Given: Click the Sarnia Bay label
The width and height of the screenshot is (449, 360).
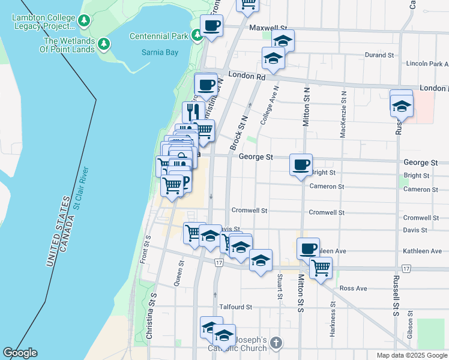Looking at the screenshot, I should pos(160,52).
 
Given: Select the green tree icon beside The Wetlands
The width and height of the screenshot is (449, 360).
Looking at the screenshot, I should pos(105,43).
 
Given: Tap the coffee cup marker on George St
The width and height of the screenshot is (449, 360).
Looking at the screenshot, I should pos(301,164).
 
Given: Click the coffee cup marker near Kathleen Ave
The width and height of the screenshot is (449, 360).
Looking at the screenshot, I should pos(308,248).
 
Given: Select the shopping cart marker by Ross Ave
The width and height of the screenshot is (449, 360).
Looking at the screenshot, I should pos(321,267).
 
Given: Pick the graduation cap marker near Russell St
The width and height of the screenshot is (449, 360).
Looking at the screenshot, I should pos(402,107).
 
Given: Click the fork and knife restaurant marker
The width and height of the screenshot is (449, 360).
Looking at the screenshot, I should pos(193,112).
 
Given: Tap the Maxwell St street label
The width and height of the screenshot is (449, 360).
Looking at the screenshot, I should pos(269,28).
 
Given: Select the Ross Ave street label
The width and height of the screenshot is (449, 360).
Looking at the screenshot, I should pos(353,289).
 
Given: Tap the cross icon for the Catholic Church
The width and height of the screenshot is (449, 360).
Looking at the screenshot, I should pos(276,343).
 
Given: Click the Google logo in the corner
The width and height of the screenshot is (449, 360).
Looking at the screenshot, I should pos(20,353).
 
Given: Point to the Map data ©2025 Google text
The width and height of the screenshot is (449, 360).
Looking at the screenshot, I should pos(411,355).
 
